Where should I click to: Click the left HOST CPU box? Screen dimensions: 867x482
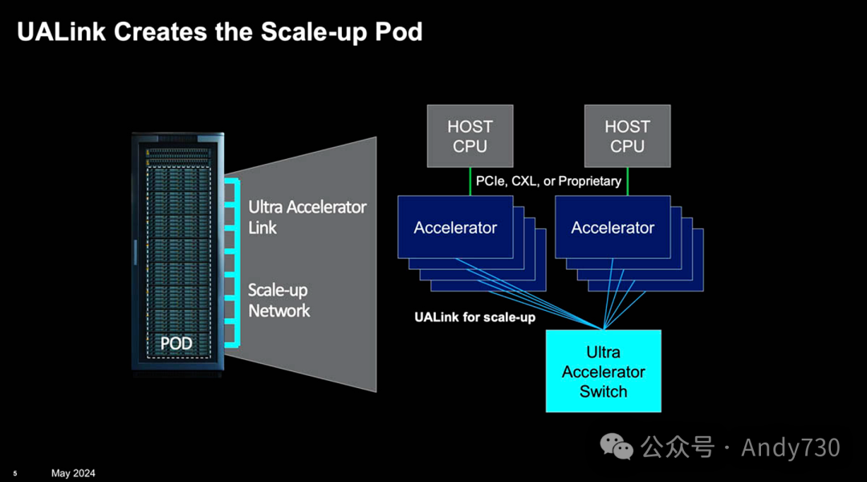click(470, 136)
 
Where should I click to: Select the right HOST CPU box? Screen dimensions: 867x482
click(627, 136)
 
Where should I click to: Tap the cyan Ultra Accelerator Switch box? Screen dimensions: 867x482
click(603, 371)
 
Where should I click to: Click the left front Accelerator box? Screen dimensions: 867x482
click(456, 227)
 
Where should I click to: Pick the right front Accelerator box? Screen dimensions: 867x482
click(613, 227)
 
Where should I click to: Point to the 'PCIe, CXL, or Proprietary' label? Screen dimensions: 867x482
click(548, 182)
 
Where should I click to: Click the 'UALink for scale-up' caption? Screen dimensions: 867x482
click(475, 317)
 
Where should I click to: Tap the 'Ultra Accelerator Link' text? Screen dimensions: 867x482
click(307, 217)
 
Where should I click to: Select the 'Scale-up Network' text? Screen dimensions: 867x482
click(279, 300)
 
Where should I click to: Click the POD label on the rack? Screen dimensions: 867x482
click(177, 344)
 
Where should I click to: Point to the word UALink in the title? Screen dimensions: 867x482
click(61, 31)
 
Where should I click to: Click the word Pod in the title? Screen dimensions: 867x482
click(399, 31)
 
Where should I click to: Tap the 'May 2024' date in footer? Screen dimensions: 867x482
click(73, 473)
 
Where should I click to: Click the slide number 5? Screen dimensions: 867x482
click(15, 474)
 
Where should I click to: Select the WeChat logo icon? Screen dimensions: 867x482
click(617, 447)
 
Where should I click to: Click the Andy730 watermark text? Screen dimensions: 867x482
click(791, 447)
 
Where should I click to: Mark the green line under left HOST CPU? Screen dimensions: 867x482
click(470, 182)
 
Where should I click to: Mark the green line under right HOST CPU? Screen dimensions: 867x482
click(628, 182)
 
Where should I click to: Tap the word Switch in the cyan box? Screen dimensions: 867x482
click(603, 391)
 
